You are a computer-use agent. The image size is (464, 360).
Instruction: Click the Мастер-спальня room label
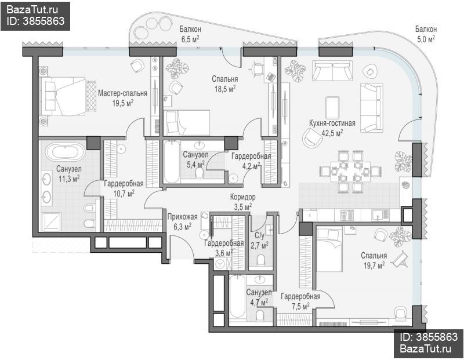tap(122, 93)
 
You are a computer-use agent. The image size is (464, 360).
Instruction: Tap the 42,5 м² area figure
tap(332, 133)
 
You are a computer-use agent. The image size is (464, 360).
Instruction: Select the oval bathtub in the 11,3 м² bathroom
tap(66, 152)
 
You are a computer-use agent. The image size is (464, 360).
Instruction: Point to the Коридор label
tap(243, 197)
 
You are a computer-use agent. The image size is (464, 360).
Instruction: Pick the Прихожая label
tap(182, 217)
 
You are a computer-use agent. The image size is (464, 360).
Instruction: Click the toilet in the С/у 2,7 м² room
tap(261, 260)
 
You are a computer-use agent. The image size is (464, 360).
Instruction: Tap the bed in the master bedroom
tap(66, 96)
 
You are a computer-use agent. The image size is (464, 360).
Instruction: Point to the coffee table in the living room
tap(332, 108)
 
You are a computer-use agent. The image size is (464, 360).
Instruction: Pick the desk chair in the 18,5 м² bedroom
tap(256, 69)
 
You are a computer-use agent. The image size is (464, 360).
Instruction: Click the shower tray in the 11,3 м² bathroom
tap(51, 222)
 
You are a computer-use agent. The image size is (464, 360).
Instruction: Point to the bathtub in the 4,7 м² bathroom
tap(237, 297)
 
